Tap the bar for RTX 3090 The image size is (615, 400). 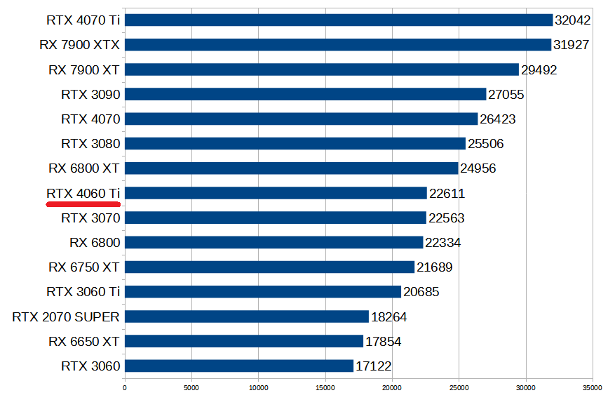pyautogui.click(x=305, y=94)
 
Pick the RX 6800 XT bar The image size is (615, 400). pyautogui.click(x=291, y=168)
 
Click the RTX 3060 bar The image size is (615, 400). pyautogui.click(x=239, y=366)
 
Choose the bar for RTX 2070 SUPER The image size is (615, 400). pyautogui.click(x=246, y=316)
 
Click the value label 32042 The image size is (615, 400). pyautogui.click(x=572, y=20)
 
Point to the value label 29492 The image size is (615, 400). pyautogui.click(x=539, y=69)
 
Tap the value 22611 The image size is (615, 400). pyautogui.click(x=447, y=194)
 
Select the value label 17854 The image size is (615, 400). pyautogui.click(x=383, y=342)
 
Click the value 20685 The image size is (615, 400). pyautogui.click(x=421, y=292)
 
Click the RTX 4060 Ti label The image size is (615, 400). pyautogui.click(x=83, y=193)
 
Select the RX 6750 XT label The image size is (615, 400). pyautogui.click(x=84, y=267)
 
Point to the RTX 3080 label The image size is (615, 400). pyautogui.click(x=90, y=144)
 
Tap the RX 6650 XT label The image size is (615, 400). pyautogui.click(x=84, y=341)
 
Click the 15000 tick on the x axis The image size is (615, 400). pyautogui.click(x=325, y=387)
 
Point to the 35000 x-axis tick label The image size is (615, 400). pyautogui.click(x=592, y=387)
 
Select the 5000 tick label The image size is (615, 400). pyautogui.click(x=191, y=387)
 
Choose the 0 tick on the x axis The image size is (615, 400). pyautogui.click(x=125, y=387)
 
